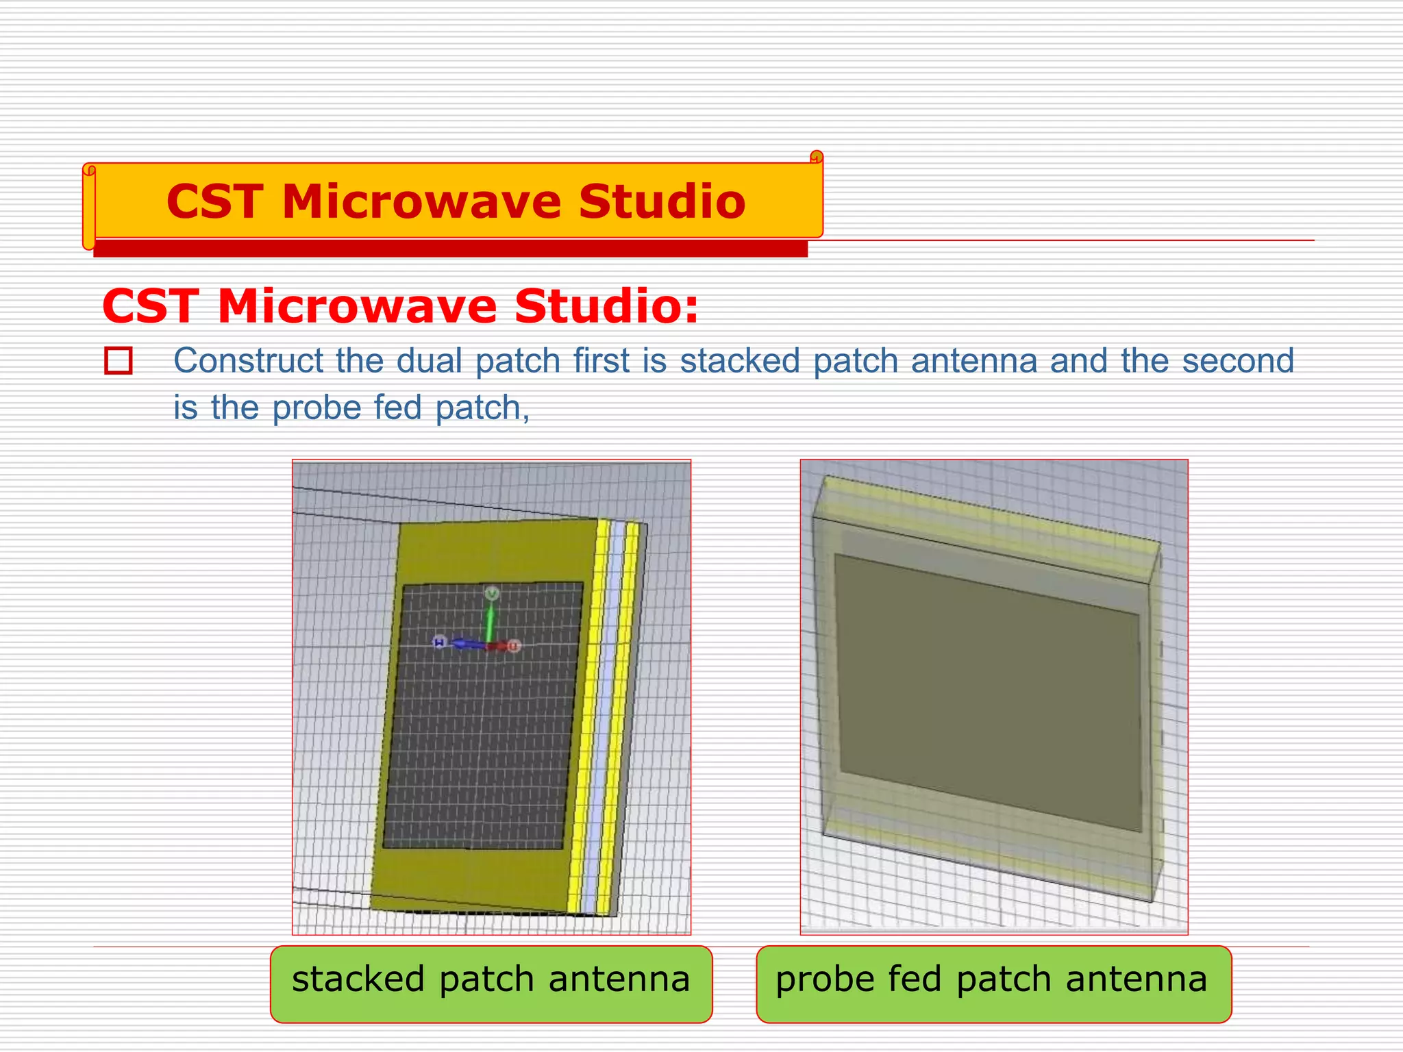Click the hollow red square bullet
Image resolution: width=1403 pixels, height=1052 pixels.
[x=119, y=361]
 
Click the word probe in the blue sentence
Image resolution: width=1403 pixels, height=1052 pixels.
[x=316, y=408]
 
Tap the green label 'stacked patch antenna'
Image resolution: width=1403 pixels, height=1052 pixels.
[x=491, y=984]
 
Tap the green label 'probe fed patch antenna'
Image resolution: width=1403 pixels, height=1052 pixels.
[x=993, y=984]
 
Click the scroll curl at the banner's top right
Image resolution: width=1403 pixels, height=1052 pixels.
[x=816, y=158]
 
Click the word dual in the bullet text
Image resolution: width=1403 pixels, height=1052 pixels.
[x=430, y=360]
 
